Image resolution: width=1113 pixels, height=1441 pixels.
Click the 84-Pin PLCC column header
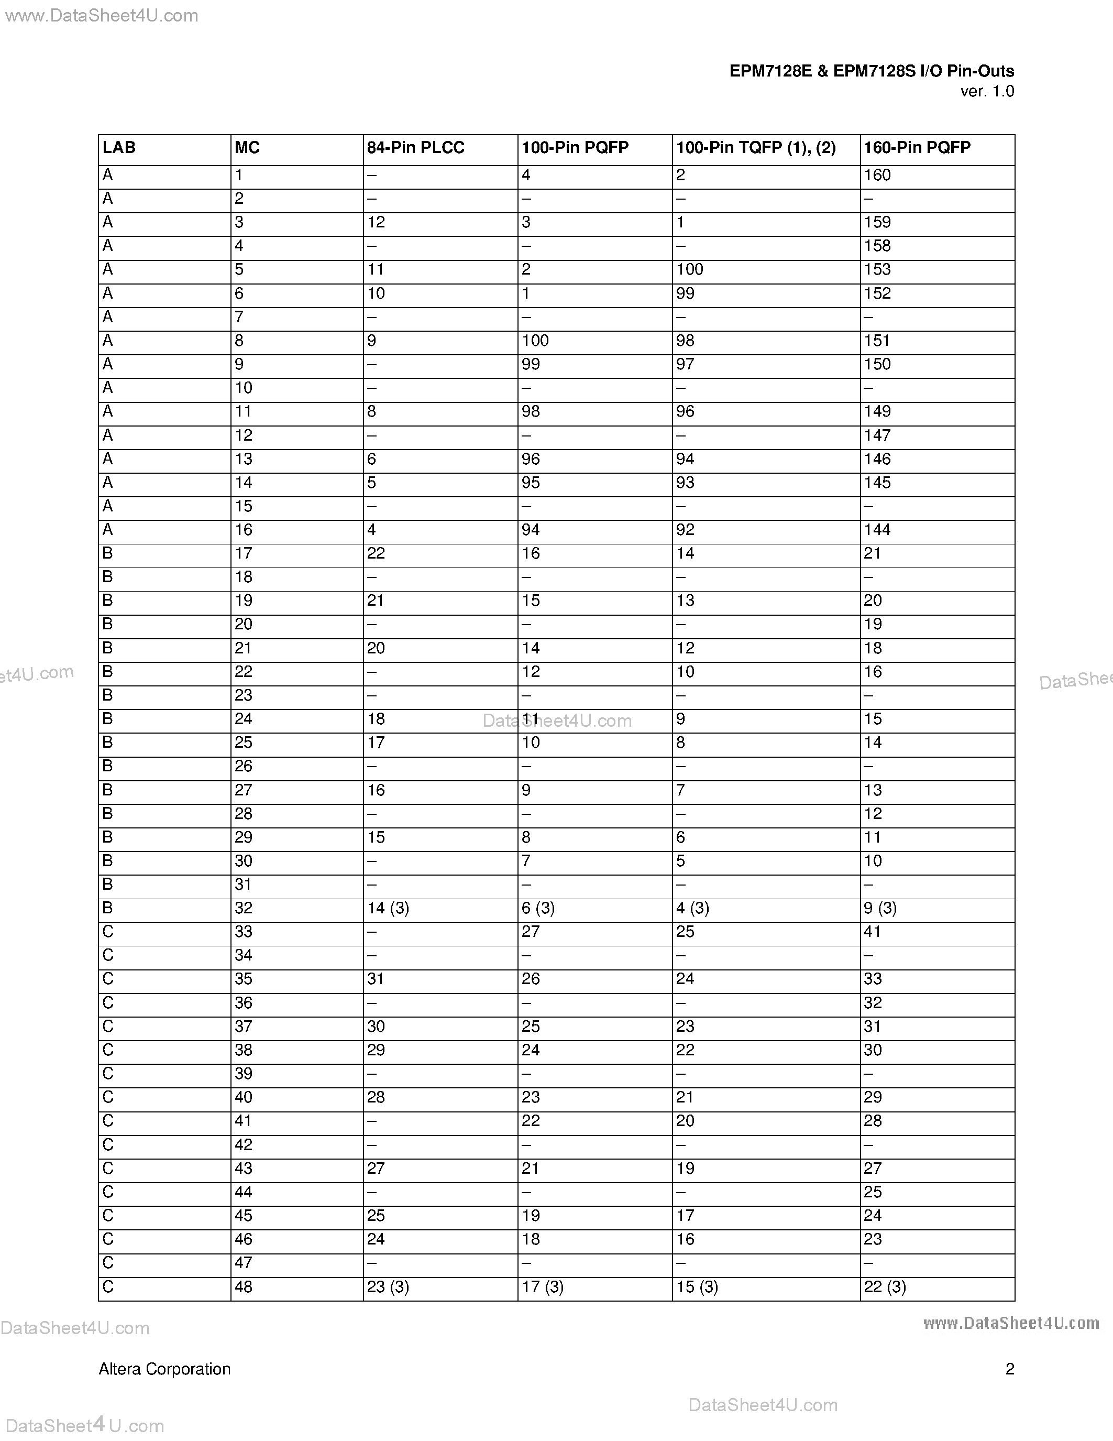(415, 148)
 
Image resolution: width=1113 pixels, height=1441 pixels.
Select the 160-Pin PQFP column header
(917, 148)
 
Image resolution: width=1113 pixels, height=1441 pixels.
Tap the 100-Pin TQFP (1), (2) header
(756, 148)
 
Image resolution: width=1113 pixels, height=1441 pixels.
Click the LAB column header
(119, 148)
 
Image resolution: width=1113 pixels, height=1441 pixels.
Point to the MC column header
(247, 148)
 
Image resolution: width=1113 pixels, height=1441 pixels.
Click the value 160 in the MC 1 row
(877, 176)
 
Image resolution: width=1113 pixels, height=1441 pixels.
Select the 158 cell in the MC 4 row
(877, 246)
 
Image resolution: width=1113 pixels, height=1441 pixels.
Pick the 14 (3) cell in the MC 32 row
(388, 909)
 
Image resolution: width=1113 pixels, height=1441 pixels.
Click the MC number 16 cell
(244, 530)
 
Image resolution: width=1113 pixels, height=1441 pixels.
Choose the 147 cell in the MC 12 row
(877, 435)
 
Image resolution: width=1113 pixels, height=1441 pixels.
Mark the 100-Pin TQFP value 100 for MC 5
(690, 270)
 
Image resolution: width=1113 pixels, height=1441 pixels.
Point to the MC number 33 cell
(244, 932)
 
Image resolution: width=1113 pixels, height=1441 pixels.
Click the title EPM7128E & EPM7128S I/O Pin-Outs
(871, 71)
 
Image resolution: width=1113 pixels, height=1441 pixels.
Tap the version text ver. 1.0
(987, 92)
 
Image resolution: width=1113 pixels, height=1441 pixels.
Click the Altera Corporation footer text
(165, 1370)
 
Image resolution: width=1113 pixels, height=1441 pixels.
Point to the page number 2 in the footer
(1009, 1370)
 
